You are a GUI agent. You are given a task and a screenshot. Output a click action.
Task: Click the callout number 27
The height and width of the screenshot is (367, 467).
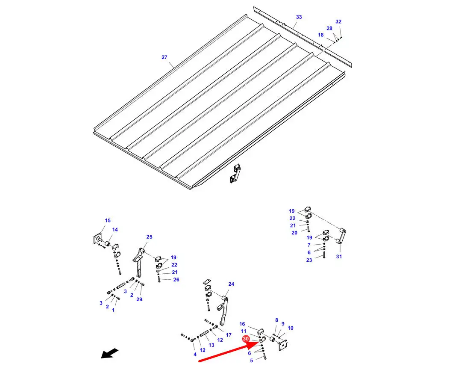[164, 57]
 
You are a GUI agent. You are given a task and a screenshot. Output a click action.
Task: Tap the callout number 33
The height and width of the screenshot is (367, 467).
[299, 17]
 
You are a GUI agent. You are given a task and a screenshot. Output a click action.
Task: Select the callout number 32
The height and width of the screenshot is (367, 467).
[338, 21]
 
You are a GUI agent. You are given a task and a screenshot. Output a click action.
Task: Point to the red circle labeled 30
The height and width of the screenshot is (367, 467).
[246, 339]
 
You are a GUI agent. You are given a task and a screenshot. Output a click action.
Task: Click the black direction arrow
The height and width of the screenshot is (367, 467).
[110, 353]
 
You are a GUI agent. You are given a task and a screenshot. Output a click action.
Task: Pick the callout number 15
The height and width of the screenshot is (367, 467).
[108, 221]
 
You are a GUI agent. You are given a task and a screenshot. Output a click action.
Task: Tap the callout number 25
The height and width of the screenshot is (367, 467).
[149, 237]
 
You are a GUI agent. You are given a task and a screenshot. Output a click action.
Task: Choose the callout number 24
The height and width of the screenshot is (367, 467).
[231, 284]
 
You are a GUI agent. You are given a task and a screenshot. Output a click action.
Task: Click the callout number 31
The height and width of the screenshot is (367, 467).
[339, 256]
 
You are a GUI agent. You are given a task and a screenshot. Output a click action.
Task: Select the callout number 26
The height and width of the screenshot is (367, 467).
[176, 280]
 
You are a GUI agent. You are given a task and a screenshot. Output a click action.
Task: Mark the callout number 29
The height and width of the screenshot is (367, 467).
[139, 299]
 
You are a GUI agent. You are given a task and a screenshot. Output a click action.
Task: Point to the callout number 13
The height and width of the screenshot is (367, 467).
[211, 345]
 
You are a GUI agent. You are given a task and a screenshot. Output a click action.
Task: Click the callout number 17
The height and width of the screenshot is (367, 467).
[229, 335]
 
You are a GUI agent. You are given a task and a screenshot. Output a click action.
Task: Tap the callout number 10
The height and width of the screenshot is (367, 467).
[291, 328]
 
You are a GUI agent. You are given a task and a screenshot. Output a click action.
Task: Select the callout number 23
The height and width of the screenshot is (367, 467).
[309, 260]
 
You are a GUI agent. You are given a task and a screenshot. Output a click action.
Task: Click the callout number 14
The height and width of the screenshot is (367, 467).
[115, 230]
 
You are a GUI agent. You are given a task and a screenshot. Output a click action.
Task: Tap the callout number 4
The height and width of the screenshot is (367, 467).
[195, 354]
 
